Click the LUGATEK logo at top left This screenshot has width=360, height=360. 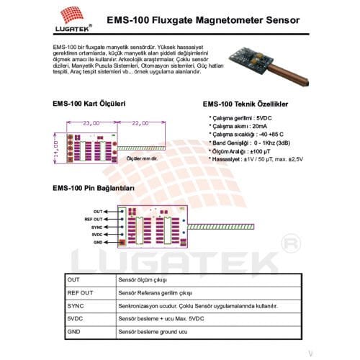(71, 18)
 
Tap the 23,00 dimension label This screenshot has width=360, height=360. (91, 122)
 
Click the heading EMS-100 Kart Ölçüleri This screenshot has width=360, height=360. (89, 103)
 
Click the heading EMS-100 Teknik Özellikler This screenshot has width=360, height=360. (248, 104)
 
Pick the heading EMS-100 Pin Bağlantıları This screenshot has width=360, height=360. (94, 188)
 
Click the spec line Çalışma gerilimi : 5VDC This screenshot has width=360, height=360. (241, 117)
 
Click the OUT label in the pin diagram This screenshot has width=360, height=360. (99, 211)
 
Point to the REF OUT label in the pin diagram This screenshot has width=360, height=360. (94, 219)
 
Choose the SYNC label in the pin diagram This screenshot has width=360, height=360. (97, 227)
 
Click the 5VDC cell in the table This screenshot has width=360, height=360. (75, 318)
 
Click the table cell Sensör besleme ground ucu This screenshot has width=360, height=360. (153, 330)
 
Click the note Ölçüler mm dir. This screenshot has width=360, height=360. (142, 157)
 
